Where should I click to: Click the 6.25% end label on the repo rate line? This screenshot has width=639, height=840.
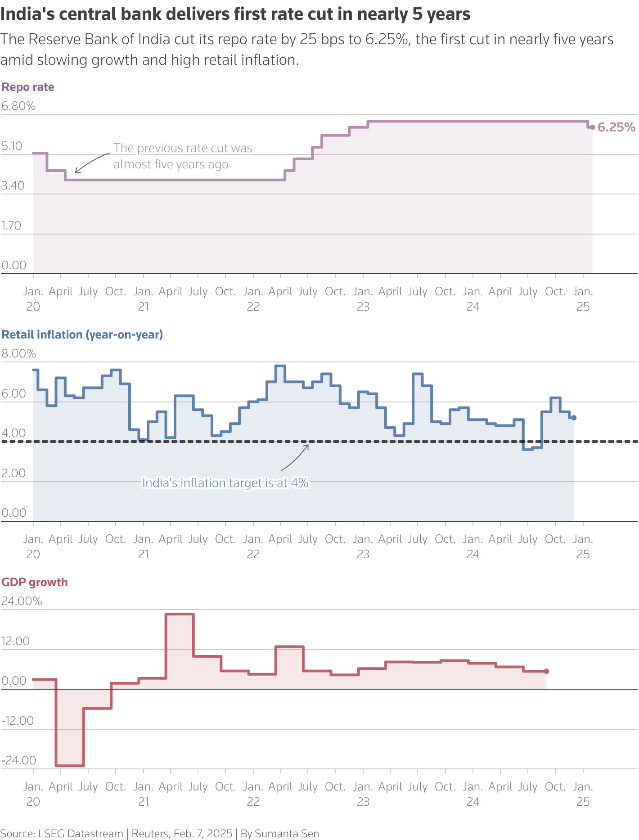click(616, 127)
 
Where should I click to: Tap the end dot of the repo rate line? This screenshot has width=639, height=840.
click(592, 127)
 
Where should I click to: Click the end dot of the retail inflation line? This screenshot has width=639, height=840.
click(573, 418)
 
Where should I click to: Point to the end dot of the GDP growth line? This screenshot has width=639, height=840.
click(546, 671)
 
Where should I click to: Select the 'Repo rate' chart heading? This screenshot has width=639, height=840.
click(28, 87)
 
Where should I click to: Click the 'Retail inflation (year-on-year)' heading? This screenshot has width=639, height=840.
click(82, 335)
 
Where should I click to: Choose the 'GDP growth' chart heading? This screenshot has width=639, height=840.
click(35, 583)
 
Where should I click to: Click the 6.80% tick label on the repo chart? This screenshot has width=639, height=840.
click(18, 106)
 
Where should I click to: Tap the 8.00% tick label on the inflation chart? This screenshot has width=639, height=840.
click(18, 354)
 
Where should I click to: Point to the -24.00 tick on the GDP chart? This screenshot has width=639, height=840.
click(18, 760)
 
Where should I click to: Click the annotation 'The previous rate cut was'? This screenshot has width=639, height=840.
click(183, 148)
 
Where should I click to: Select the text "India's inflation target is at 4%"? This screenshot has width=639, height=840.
click(225, 483)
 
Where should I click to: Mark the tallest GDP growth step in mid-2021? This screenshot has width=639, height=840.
click(180, 614)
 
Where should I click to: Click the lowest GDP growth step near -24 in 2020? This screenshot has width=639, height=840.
click(70, 765)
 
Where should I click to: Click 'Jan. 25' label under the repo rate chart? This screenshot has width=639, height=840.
click(583, 299)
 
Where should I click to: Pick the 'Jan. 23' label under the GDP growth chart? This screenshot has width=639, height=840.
click(363, 794)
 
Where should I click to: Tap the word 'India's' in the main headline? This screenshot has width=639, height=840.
click(27, 14)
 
